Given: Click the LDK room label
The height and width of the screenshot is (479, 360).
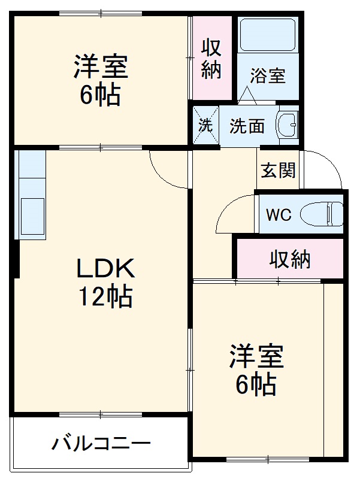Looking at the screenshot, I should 105,269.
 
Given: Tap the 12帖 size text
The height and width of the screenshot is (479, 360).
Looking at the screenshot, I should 106,296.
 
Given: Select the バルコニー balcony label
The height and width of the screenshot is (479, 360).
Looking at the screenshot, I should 101,444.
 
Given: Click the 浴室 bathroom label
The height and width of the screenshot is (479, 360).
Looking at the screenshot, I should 268,76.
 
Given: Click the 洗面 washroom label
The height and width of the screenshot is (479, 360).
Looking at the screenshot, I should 247,126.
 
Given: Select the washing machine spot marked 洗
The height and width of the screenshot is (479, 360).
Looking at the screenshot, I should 205,126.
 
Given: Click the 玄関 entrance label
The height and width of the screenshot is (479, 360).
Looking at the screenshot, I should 278,170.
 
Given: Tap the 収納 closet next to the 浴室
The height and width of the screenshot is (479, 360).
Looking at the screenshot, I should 211,58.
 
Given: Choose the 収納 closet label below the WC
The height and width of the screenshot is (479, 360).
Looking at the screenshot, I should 289,259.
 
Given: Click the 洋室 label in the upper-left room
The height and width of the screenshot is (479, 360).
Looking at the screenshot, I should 101,67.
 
